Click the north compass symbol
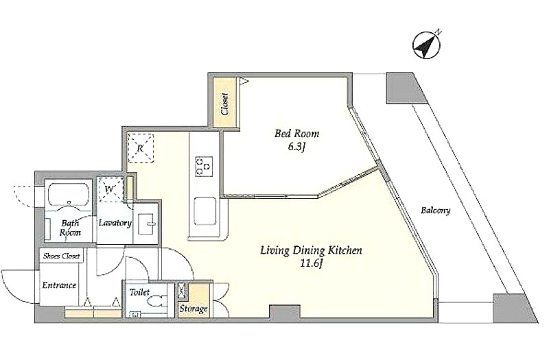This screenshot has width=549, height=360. click(427, 45)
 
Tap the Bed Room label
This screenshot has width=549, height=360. click(296, 134)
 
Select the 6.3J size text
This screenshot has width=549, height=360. click(297, 147)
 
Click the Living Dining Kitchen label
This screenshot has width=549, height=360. click(311, 250)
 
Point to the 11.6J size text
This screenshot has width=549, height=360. click(311, 263)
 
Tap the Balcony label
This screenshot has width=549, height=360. click(436, 211)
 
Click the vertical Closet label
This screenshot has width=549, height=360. click(224, 104)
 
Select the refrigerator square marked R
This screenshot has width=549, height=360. click(140, 148)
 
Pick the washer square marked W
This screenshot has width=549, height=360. click(110, 189)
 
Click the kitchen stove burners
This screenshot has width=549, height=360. click(203, 167)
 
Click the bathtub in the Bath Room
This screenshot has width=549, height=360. click(68, 197)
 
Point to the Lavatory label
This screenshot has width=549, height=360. click(115, 223)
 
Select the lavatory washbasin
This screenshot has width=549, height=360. click(145, 224)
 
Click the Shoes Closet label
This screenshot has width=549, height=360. click(62, 256)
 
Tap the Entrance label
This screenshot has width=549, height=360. click(59, 285)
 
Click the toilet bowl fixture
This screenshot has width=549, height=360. click(158, 302)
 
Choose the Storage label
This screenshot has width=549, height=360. click(194, 309)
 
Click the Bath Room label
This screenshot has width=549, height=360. click(70, 228)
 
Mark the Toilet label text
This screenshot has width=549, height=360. click(139, 292)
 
